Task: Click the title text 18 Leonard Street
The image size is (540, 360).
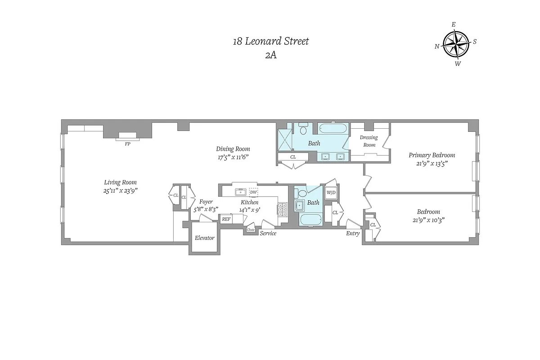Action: pyautogui.click(x=270, y=41)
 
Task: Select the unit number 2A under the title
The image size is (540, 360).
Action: pyautogui.click(x=270, y=56)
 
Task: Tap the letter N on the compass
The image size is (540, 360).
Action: pyautogui.click(x=437, y=46)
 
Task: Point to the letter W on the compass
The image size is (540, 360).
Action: pyautogui.click(x=458, y=63)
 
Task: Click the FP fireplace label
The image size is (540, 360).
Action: pyautogui.click(x=127, y=144)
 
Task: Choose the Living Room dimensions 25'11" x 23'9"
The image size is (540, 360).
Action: pyautogui.click(x=120, y=190)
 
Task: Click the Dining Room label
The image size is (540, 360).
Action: pyautogui.click(x=233, y=149)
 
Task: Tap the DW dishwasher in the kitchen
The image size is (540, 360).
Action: pyautogui.click(x=253, y=192)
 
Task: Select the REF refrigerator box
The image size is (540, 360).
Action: pyautogui.click(x=226, y=219)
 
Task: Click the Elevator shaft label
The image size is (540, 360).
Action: pyautogui.click(x=204, y=238)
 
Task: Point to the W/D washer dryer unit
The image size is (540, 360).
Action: pyautogui.click(x=331, y=193)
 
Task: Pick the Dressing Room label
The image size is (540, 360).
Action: pyautogui.click(x=369, y=141)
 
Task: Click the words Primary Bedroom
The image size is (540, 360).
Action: pyautogui.click(x=432, y=155)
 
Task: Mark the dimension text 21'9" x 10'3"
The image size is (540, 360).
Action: pyautogui.click(x=428, y=220)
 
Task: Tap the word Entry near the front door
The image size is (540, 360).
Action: pyautogui.click(x=352, y=234)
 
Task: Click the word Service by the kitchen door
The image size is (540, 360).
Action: pyautogui.click(x=268, y=234)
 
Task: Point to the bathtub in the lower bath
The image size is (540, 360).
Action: pyautogui.click(x=310, y=221)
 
